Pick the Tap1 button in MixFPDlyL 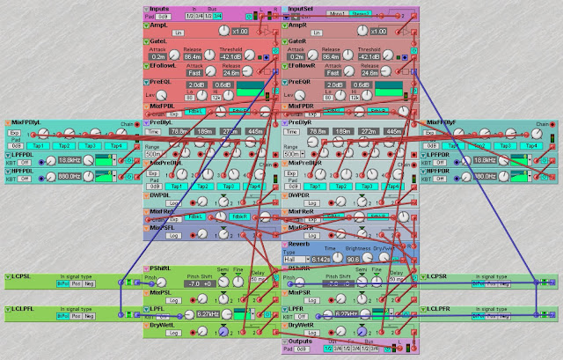(38, 145)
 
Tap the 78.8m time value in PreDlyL (180, 132)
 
